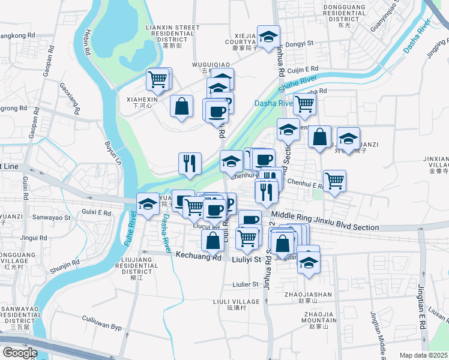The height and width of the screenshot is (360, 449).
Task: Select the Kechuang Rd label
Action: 199,256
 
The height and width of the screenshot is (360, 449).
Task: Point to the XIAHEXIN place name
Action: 142,100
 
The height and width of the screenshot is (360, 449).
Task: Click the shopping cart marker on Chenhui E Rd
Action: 334,179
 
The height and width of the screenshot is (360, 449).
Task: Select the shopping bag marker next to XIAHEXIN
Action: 181,106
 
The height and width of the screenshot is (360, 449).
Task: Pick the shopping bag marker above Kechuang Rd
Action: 212,241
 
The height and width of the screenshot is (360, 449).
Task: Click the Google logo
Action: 20,353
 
